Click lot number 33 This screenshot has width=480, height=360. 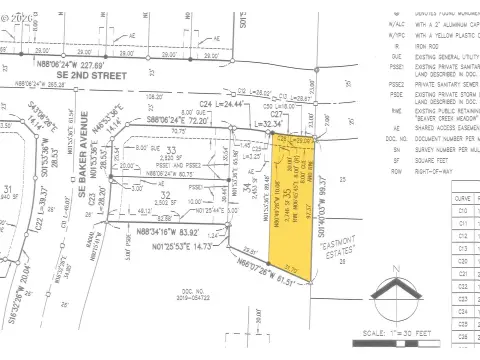coord(171,151)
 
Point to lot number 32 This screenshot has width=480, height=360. coord(167,195)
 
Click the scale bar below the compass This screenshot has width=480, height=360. coord(404,321)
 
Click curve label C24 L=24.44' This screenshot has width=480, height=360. coord(225,104)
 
